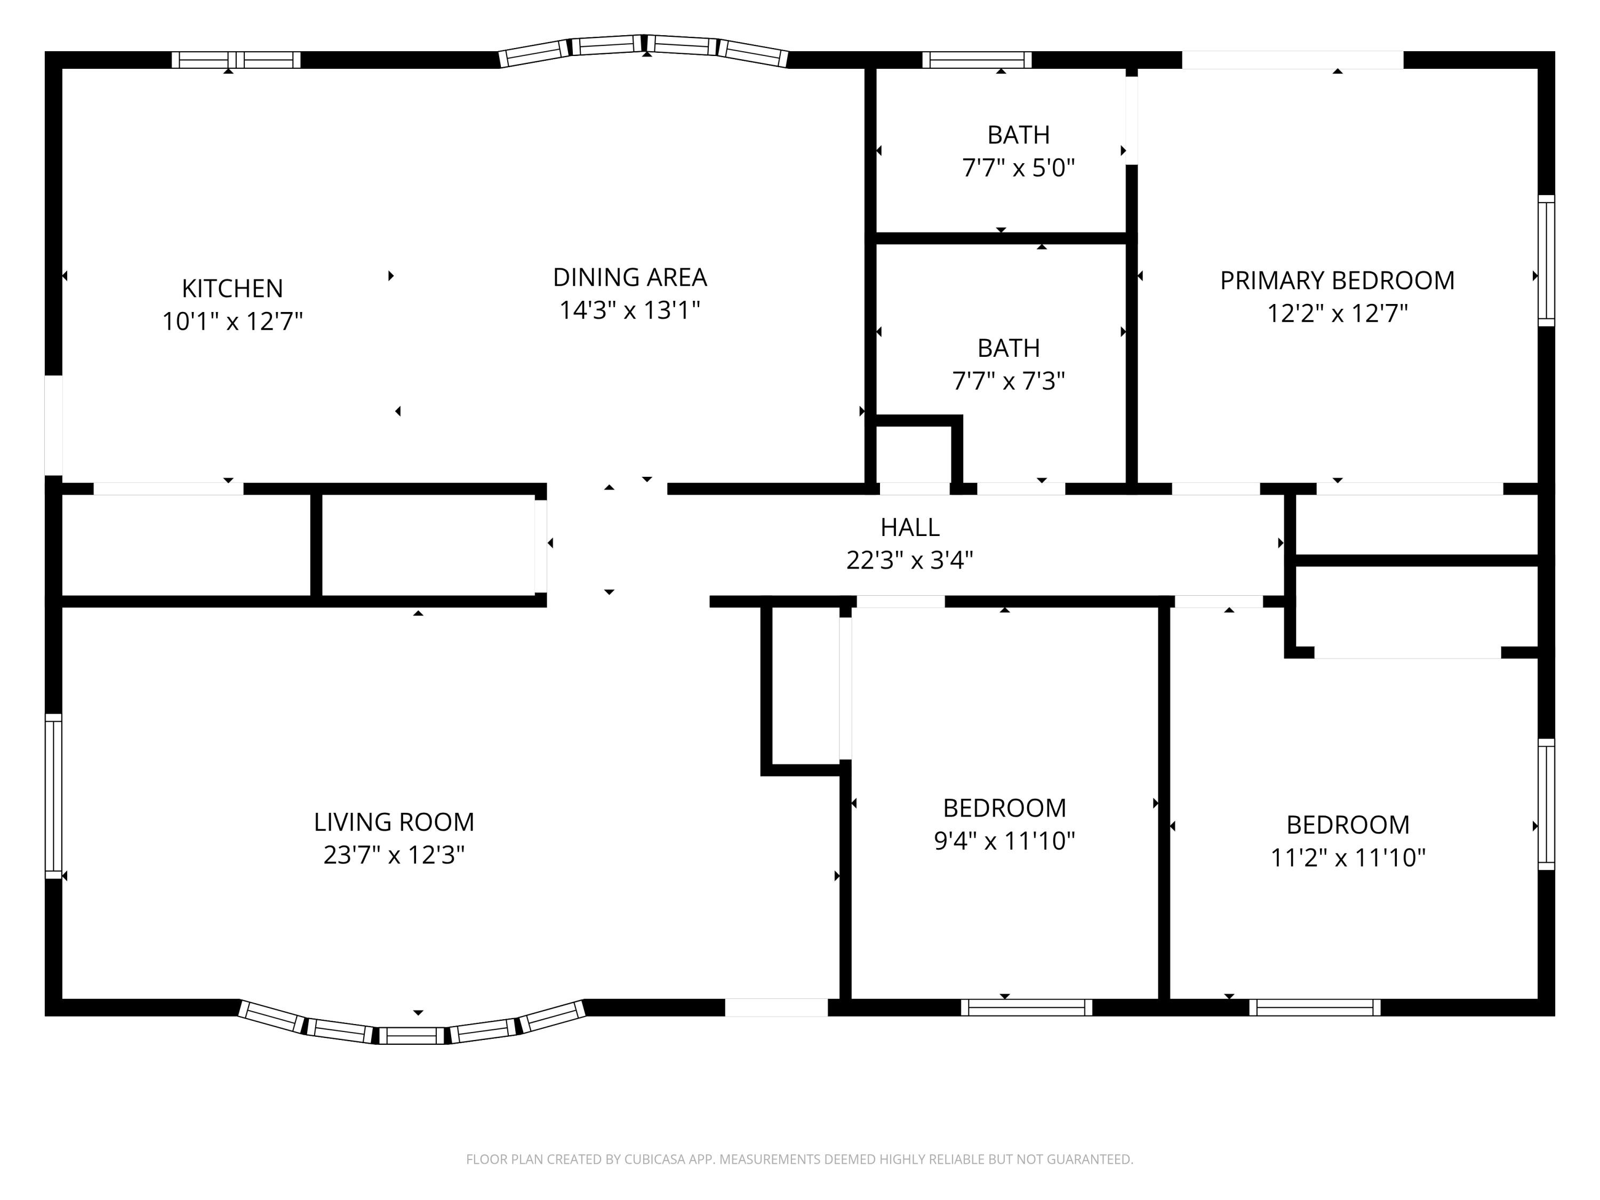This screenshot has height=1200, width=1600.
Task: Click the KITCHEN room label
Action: click(232, 288)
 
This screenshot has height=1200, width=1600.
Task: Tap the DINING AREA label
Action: click(630, 277)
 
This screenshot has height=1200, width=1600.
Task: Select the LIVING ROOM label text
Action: click(394, 822)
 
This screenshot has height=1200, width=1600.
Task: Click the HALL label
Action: click(910, 527)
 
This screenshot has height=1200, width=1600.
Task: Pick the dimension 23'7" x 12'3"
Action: click(394, 855)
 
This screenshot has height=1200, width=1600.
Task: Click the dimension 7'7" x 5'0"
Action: click(1019, 168)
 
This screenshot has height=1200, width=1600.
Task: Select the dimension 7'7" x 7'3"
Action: click(1009, 380)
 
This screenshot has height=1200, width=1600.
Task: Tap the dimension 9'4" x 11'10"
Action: click(1005, 841)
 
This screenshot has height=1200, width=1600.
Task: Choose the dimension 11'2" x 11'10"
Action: click(1348, 857)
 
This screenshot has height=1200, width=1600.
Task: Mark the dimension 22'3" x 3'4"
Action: click(910, 560)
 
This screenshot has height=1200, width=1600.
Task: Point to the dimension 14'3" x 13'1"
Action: click(630, 309)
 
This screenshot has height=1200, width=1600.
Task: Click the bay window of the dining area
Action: click(644, 45)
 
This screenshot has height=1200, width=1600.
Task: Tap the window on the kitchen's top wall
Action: click(236, 60)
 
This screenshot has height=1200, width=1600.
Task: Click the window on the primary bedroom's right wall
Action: click(1546, 260)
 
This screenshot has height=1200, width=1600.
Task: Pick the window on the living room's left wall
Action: click(53, 796)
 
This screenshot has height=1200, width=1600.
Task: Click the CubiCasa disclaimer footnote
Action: click(799, 1159)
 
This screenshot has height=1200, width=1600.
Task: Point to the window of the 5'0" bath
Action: click(977, 60)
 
